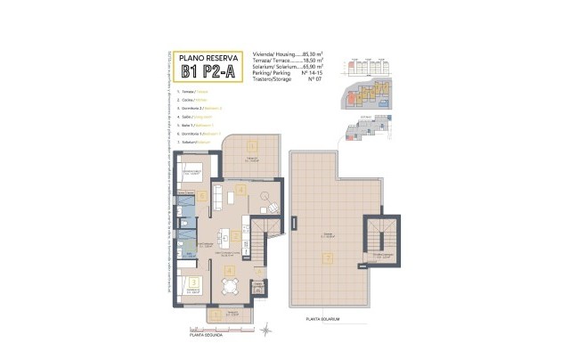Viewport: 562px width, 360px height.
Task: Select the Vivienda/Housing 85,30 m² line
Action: [288, 53]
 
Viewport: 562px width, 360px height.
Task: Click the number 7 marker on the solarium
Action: [328, 258]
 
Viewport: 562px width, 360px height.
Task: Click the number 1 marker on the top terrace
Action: [252, 146]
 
